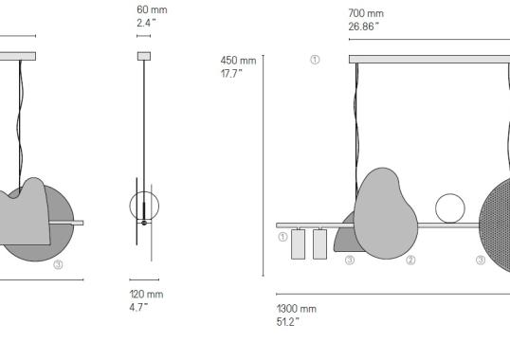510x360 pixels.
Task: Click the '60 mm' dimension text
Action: point(152,9)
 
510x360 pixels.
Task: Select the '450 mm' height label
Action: point(238,61)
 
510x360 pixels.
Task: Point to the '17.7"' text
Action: point(233,73)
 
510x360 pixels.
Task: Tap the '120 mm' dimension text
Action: point(146,295)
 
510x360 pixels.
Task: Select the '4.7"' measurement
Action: point(139,307)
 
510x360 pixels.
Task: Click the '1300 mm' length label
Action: point(296,309)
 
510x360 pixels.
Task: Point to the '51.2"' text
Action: point(289,321)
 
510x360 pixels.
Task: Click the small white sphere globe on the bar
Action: point(450,208)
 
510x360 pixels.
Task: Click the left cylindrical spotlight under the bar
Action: point(298,243)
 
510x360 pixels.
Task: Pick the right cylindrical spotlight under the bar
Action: point(319,243)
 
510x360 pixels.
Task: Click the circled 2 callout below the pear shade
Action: point(410,260)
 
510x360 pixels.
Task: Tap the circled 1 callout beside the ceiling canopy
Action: point(315,60)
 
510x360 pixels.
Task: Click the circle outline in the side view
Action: point(144,205)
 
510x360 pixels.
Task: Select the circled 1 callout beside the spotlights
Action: point(282,238)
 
